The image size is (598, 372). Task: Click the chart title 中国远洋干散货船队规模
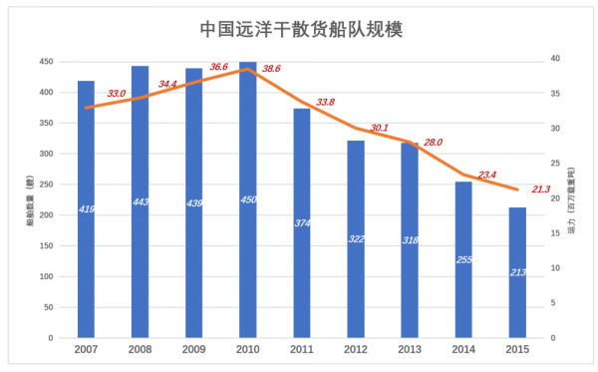click(x=299, y=29)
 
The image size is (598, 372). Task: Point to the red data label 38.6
click(x=271, y=68)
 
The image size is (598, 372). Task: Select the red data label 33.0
click(x=116, y=94)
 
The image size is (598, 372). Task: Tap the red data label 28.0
click(x=433, y=143)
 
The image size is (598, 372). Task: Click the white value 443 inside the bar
click(x=140, y=202)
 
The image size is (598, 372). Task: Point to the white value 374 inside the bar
click(x=302, y=222)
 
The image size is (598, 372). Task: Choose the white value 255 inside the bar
click(x=463, y=259)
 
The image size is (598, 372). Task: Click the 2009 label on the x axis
click(x=193, y=350)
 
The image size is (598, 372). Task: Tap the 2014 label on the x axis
click(x=463, y=350)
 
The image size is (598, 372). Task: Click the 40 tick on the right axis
click(x=554, y=59)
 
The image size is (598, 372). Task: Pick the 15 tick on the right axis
click(x=554, y=233)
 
